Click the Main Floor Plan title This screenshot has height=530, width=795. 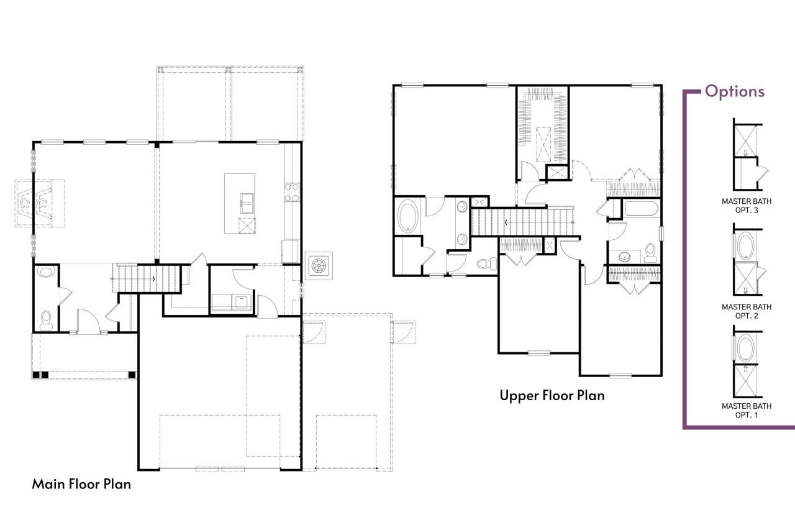click(x=81, y=484)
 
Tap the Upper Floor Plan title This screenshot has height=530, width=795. click(x=552, y=395)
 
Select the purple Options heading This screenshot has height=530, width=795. click(x=734, y=91)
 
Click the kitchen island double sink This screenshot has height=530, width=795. click(x=247, y=203)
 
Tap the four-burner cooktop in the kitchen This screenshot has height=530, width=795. click(x=291, y=192)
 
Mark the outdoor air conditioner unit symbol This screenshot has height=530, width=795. click(x=319, y=265)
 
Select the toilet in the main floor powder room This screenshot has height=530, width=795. click(x=45, y=319)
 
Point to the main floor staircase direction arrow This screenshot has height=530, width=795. click(x=153, y=278)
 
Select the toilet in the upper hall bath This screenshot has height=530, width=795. click(x=650, y=251)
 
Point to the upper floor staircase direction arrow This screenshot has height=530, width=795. click(x=507, y=222)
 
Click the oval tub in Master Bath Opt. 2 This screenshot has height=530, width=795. click(x=745, y=245)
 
